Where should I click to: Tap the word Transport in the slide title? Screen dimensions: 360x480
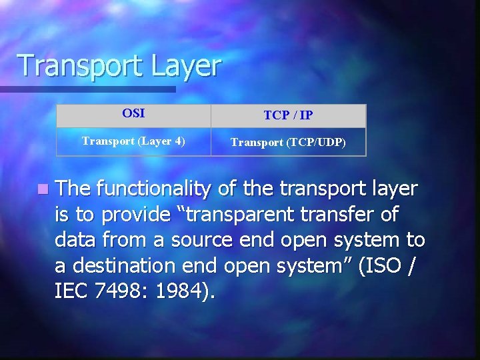click(x=73, y=66)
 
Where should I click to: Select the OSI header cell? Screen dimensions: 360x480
click(x=133, y=113)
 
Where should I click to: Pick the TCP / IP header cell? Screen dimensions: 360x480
click(x=288, y=115)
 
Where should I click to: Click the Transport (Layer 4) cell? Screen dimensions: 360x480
click(x=133, y=141)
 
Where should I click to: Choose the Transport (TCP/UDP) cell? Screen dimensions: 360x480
click(x=288, y=142)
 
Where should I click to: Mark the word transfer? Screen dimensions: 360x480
click(x=343, y=215)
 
